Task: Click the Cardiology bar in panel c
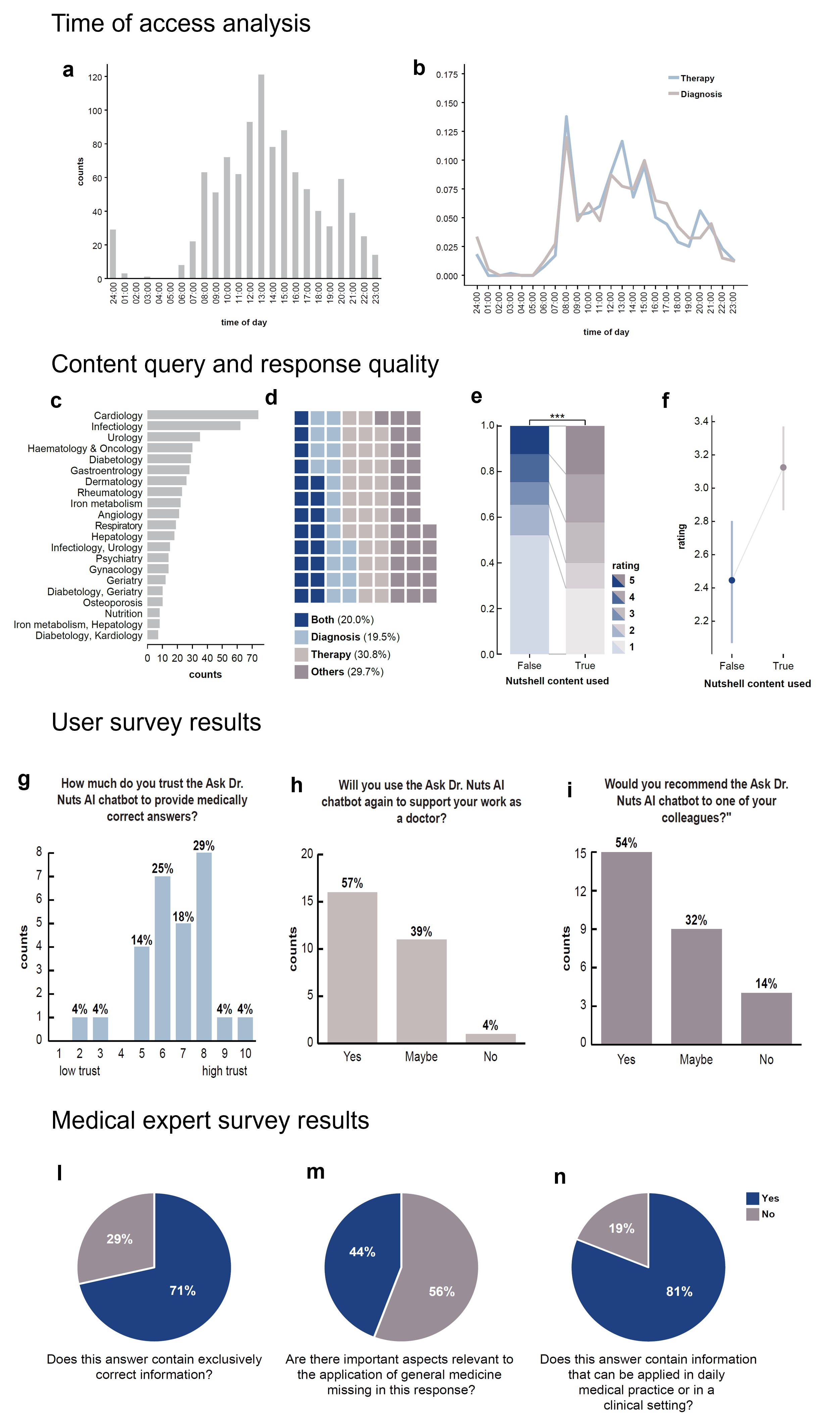[203, 415]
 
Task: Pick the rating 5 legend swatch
[618, 580]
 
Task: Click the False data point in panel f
[732, 580]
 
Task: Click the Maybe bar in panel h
[421, 991]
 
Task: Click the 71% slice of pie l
[168, 1291]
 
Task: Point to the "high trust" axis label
[224, 1071]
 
